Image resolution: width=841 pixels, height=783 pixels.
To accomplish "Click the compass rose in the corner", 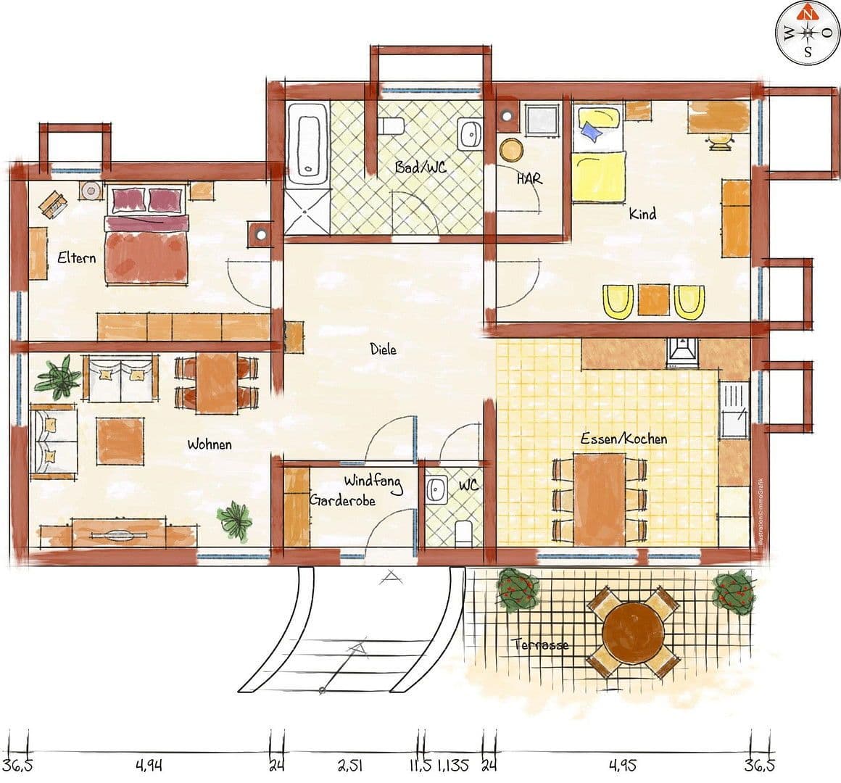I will (x=806, y=32).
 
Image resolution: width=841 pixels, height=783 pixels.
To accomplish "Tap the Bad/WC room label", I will (x=420, y=166).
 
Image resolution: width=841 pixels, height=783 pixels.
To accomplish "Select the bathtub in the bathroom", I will (x=307, y=140).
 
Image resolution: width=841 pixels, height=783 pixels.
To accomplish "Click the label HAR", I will (x=529, y=178).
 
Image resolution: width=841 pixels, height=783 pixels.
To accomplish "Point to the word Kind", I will (x=642, y=214).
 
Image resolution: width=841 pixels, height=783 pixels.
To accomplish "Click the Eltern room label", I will (x=76, y=257).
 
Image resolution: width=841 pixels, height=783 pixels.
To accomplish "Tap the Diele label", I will (x=383, y=349).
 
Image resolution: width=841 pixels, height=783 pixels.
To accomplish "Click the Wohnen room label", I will (x=210, y=444).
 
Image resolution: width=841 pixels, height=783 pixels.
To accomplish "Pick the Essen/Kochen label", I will (x=623, y=439).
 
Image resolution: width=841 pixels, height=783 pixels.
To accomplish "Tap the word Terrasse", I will (x=540, y=645).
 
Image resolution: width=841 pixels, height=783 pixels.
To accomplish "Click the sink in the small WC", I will (x=437, y=489).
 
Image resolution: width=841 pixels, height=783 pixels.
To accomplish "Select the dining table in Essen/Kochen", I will (x=600, y=499).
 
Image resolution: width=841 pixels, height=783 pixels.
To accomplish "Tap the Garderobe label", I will (x=343, y=500).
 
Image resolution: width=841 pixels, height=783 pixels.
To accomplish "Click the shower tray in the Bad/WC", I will (x=307, y=212).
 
